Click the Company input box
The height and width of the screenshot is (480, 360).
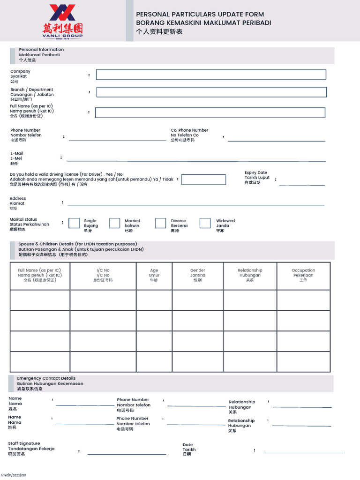211,75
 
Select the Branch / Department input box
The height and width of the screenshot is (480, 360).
211,92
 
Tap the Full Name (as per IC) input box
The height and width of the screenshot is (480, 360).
210,112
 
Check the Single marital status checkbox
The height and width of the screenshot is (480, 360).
74,223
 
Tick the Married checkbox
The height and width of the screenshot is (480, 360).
115,223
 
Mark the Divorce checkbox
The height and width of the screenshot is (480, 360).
161,223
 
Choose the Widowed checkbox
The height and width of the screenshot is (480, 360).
205,223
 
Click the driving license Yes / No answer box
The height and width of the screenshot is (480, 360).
203,180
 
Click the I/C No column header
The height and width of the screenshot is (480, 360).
103,275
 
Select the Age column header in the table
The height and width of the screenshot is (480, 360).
154,275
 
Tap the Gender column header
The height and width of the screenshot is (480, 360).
198,275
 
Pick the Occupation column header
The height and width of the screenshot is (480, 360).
303,275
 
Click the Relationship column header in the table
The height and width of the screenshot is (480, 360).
250,275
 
